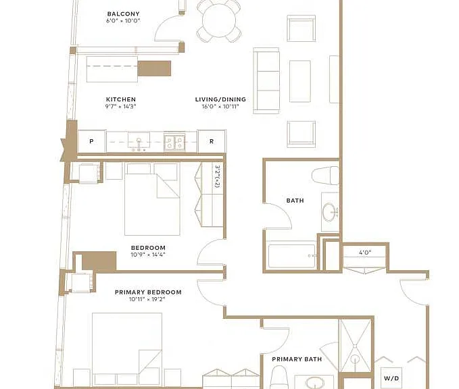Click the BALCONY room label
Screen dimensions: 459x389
123,14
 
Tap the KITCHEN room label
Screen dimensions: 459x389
121,99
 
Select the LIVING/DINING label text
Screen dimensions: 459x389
220,99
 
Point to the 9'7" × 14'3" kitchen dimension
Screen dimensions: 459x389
121,107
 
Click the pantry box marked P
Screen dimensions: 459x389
92,141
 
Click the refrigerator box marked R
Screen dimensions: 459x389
212,141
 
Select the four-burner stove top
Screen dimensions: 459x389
174,142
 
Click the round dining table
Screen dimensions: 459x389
219,20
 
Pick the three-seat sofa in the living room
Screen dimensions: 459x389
266,81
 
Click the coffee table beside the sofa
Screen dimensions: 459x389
300,81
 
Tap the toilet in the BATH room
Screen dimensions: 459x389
325,176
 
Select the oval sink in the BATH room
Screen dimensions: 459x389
330,212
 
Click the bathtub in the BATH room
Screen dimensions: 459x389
292,256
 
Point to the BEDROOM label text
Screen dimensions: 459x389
148,248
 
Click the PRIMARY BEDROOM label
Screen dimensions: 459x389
148,292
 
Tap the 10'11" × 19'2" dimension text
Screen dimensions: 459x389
147,299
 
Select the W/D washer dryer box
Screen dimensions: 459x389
391,378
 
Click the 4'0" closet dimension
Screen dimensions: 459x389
365,252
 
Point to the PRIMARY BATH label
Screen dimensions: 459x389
297,359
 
